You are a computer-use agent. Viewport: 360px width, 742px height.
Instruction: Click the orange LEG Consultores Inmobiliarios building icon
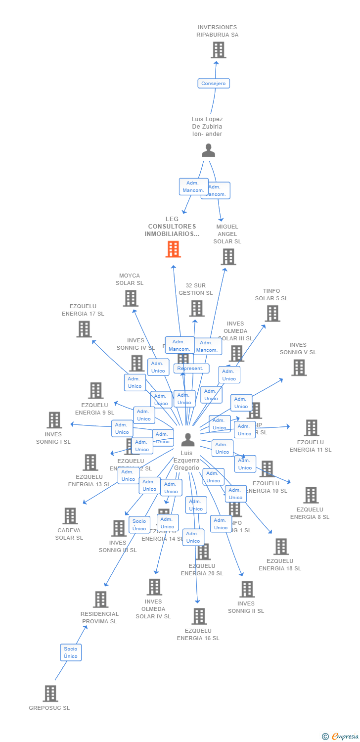click(x=173, y=249)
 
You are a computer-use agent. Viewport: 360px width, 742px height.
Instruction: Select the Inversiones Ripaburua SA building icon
click(x=218, y=50)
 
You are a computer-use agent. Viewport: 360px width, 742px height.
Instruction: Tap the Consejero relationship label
click(x=214, y=84)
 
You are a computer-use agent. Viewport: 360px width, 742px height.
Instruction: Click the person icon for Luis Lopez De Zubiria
click(x=209, y=150)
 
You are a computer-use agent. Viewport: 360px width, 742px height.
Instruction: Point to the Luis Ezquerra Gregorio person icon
click(x=188, y=439)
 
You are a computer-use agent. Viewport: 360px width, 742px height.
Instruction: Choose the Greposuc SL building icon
click(x=50, y=694)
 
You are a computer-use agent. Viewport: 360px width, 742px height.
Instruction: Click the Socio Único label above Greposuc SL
click(x=71, y=652)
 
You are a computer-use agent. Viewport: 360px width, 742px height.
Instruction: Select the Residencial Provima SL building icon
click(x=100, y=600)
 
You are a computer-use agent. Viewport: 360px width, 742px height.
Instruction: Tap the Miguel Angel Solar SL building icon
click(x=228, y=257)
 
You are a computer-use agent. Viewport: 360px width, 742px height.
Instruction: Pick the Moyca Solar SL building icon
click(x=130, y=298)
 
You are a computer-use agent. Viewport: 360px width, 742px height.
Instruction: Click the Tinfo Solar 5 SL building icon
click(x=272, y=314)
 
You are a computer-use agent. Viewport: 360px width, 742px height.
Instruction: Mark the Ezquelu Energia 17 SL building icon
click(x=84, y=329)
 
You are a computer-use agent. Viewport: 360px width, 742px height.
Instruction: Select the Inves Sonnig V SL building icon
click(x=298, y=368)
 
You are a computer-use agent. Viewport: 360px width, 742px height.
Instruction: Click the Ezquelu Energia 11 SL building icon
click(x=311, y=428)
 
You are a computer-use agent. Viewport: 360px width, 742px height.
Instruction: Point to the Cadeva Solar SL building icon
click(x=70, y=516)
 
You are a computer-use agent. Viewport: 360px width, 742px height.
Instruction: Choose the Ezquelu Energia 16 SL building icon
click(x=199, y=616)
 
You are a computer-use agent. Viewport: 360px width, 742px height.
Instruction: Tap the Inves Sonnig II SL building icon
click(x=247, y=589)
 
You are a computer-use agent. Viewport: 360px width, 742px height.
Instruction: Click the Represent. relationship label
click(x=190, y=369)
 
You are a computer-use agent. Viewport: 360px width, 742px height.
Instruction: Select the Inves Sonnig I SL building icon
click(x=54, y=420)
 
